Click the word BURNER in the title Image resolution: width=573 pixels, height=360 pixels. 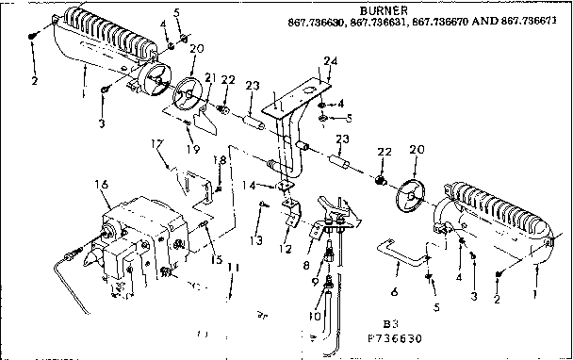[382, 9]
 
